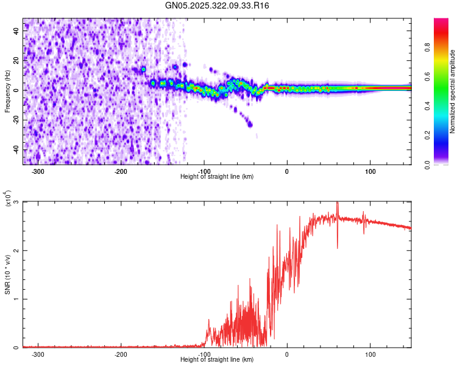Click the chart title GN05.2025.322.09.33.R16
coord(218,5)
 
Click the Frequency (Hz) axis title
coord(7,91)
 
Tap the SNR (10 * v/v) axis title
coord(7,274)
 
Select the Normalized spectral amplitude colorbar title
coord(453,91)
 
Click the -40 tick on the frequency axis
coord(17,150)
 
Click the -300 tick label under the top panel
coord(38,171)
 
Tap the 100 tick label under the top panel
coord(370,171)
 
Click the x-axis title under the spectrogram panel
coord(218,176)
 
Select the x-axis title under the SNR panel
coord(218,360)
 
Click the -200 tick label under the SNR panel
coord(121,354)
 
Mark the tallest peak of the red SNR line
coord(338,203)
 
